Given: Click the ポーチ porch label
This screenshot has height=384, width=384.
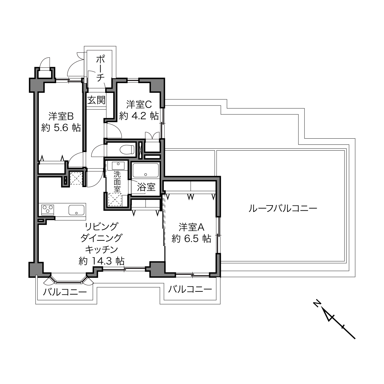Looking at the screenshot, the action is (x=100, y=69).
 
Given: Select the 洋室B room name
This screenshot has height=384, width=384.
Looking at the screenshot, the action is (x=61, y=116).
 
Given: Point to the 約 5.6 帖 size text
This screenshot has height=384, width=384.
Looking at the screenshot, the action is (x=61, y=128).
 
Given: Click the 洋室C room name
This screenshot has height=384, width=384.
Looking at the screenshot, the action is (x=139, y=104).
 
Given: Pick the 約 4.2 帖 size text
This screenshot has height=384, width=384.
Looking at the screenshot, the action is (x=139, y=116).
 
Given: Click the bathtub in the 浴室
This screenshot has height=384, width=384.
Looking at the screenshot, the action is (x=145, y=170).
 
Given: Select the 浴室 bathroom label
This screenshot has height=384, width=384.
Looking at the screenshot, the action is (x=146, y=187).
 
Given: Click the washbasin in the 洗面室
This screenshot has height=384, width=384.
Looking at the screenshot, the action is (x=118, y=165).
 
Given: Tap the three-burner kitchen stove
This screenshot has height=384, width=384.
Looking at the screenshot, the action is (x=48, y=210).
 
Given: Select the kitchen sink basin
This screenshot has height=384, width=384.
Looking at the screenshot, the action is (x=76, y=210).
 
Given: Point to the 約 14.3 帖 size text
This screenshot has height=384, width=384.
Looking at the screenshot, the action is (x=102, y=261).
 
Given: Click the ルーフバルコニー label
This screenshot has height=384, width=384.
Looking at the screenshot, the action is (x=282, y=209).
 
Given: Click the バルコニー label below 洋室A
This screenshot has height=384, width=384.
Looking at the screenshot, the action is (x=190, y=289).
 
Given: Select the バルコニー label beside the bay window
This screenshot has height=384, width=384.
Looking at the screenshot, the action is (x=65, y=292).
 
